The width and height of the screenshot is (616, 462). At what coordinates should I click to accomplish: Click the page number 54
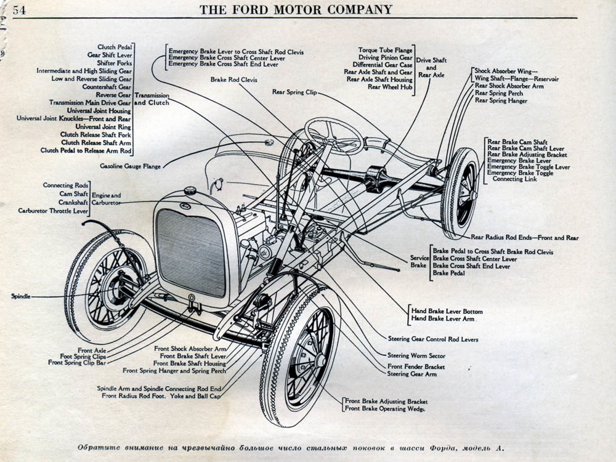click(19, 10)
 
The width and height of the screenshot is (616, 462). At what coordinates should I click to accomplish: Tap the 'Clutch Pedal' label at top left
click(114, 47)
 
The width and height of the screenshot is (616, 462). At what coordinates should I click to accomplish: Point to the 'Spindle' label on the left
click(20, 296)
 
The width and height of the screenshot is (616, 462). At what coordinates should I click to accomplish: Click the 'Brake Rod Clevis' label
click(233, 79)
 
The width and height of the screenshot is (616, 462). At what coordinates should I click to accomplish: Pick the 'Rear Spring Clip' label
click(294, 92)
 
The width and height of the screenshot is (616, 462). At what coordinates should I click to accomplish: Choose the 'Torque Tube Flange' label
click(386, 50)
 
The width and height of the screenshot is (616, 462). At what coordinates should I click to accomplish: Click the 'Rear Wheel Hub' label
click(390, 87)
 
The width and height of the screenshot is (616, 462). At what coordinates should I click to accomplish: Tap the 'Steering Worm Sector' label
click(416, 355)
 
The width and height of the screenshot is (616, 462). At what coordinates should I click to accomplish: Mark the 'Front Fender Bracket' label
click(416, 367)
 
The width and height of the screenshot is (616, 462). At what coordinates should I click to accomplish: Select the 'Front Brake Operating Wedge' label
click(384, 408)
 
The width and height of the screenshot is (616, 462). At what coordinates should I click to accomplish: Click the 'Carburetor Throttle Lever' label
click(53, 211)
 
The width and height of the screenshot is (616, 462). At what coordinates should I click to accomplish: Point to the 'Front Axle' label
click(92, 350)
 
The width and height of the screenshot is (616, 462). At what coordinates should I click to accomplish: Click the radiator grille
click(191, 253)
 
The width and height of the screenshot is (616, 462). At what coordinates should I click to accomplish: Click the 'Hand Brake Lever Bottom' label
click(447, 311)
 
